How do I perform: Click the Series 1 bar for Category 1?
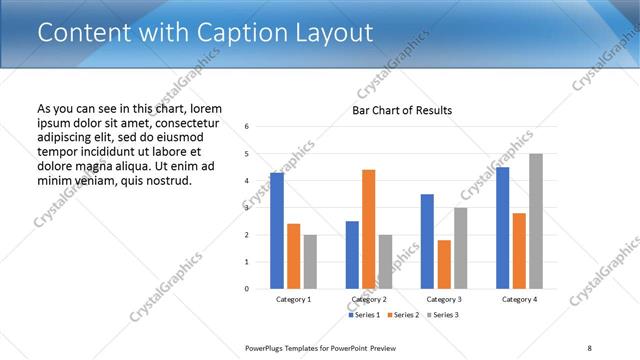(276, 231)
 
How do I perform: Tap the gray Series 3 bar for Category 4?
(536, 221)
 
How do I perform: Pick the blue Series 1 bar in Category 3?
(427, 241)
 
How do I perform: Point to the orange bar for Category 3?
(444, 264)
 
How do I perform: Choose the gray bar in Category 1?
(310, 262)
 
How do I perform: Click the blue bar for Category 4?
(503, 228)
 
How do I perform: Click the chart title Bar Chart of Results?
(402, 110)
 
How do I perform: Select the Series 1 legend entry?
(364, 315)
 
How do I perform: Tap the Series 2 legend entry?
(402, 315)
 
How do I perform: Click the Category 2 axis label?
(369, 299)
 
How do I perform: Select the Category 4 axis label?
(519, 299)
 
